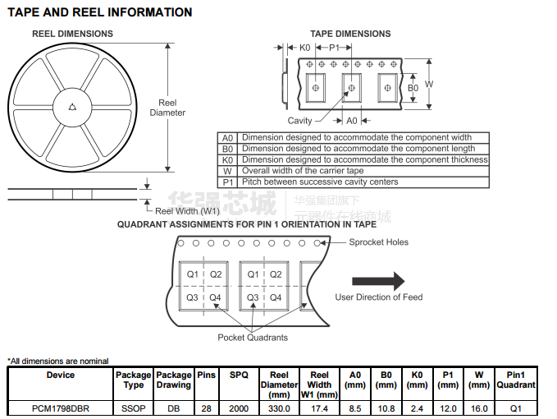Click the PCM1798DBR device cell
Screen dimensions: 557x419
click(x=61, y=408)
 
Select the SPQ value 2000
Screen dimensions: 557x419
click(x=239, y=408)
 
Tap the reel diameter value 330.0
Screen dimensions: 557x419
click(x=279, y=408)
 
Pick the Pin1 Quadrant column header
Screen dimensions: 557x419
click(x=516, y=380)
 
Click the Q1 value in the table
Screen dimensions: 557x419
click(x=516, y=408)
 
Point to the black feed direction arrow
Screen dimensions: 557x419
click(x=378, y=281)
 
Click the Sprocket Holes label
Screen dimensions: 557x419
click(x=379, y=242)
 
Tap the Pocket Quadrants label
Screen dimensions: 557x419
click(x=253, y=338)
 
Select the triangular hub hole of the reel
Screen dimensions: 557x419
click(x=72, y=107)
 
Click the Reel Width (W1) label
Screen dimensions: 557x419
click(x=188, y=211)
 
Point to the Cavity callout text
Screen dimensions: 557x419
click(x=299, y=121)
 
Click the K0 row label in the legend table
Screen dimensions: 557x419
click(x=228, y=159)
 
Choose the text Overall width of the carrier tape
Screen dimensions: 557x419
click(x=303, y=171)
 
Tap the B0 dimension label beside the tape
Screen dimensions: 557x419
click(x=413, y=88)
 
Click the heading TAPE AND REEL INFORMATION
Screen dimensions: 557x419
click(x=100, y=12)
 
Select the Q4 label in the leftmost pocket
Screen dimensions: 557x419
click(x=215, y=297)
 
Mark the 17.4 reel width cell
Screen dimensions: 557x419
click(x=319, y=408)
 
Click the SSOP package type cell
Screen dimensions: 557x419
click(x=134, y=408)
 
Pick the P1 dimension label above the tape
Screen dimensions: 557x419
click(x=334, y=48)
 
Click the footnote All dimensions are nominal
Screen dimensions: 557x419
click(x=58, y=361)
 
